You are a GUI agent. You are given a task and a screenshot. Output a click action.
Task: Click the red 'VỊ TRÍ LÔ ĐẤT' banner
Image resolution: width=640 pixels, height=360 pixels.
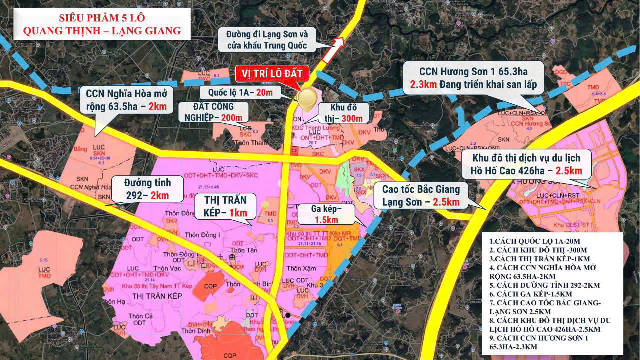pyautogui.click(x=272, y=73)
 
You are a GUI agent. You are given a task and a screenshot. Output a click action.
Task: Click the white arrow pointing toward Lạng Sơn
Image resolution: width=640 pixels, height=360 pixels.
pyautogui.click(x=333, y=50)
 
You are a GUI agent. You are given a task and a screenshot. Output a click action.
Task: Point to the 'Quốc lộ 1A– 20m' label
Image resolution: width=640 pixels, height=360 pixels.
pyautogui.click(x=237, y=92)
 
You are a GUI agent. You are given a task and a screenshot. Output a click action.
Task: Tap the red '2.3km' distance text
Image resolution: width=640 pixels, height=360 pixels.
pyautogui.click(x=424, y=84)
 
